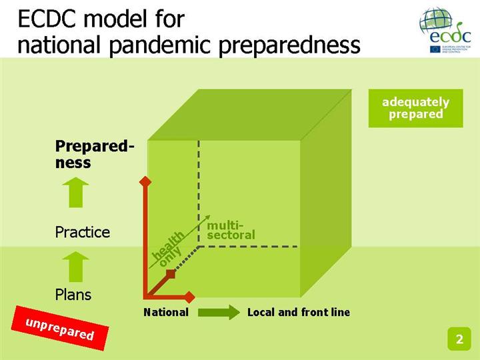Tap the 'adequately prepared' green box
(x=415, y=108)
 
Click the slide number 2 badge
(x=459, y=339)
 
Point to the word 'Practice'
(x=82, y=232)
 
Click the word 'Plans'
(x=73, y=294)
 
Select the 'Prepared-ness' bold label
(x=94, y=154)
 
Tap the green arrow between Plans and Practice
(x=78, y=264)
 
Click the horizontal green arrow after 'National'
(x=219, y=312)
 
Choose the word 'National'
(x=166, y=312)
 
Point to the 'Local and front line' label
(x=298, y=312)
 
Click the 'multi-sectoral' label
(x=231, y=230)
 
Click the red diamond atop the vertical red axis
(x=142, y=181)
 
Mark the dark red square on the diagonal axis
(x=170, y=273)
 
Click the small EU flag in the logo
(x=435, y=49)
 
